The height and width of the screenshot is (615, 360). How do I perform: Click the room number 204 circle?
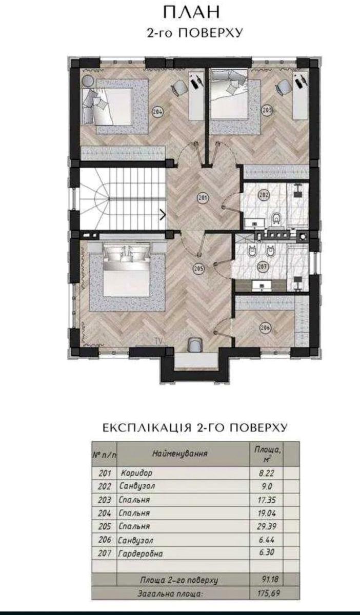coord(158,112)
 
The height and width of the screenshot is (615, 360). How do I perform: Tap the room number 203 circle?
coord(267,110)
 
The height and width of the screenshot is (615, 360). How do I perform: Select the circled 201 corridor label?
coord(204,198)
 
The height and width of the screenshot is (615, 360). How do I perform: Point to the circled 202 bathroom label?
coord(264,195)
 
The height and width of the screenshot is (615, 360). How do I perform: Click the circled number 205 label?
coord(198,268)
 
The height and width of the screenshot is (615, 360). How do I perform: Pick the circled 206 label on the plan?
coord(265,327)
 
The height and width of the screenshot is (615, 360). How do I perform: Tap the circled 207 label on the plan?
coord(263,266)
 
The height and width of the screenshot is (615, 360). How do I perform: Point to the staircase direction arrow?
coord(163,214)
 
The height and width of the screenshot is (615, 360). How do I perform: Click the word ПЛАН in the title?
coord(192,12)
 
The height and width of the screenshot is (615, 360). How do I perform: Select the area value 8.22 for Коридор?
coord(266,473)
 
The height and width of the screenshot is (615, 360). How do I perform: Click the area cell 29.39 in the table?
coord(267,526)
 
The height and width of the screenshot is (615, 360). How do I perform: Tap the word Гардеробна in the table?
coord(141,553)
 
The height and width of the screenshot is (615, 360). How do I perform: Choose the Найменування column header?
coord(179,453)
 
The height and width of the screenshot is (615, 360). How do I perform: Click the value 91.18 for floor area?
coord(270,579)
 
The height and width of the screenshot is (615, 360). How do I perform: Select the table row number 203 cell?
coord(105,500)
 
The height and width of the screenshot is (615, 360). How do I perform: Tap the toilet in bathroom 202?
coord(275,218)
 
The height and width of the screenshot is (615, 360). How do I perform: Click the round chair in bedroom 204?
coord(87,80)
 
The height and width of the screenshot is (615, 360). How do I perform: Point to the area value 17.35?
coord(267,500)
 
